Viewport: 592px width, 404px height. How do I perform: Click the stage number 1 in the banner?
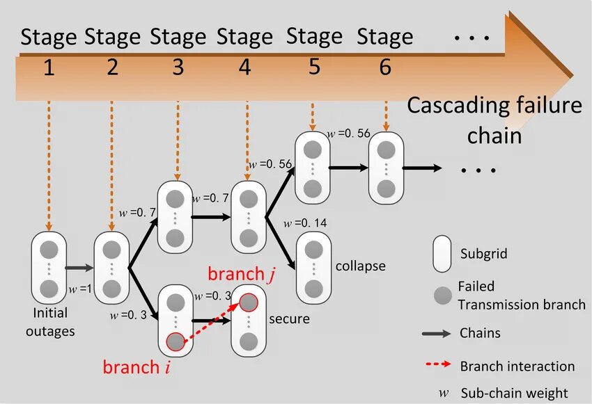49,69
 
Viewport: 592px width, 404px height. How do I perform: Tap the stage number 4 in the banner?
245,68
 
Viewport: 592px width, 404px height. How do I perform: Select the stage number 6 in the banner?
385,67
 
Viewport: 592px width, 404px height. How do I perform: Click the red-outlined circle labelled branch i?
176,341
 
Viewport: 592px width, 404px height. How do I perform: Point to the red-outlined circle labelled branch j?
249,302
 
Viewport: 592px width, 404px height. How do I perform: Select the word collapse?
360,266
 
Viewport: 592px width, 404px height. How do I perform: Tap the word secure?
289,319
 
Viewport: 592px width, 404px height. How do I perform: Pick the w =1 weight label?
79,289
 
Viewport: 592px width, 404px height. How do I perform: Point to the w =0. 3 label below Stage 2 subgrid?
128,314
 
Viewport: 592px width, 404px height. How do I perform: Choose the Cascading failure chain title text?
494,120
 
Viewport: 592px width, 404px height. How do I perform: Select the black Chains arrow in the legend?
436,334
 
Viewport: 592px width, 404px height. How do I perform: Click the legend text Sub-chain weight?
514,393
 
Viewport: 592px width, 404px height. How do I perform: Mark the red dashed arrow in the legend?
436,365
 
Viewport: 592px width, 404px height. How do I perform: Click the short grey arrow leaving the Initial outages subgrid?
79,267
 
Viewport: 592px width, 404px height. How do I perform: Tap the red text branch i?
137,367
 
